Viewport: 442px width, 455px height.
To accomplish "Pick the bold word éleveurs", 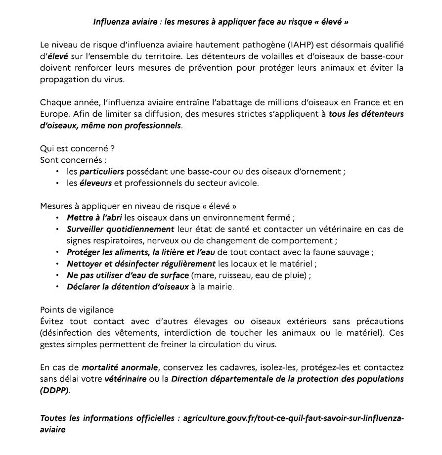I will coord(95,183).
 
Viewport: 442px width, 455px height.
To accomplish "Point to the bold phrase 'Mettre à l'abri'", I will coord(95,218).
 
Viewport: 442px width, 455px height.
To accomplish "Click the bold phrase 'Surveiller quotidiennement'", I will coord(121,229).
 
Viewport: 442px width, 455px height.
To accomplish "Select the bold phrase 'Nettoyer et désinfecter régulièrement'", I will coord(141,264).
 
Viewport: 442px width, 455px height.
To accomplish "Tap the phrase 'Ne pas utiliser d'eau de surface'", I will coord(128,275).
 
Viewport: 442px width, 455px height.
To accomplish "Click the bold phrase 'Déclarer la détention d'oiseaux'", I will coord(128,287).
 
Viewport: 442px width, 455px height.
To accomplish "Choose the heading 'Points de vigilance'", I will coord(77,310).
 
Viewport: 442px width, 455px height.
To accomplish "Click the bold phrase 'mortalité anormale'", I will coord(120,367).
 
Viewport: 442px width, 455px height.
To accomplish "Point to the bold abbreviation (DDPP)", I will coord(55,391).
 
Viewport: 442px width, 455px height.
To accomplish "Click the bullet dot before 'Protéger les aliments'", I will coord(58,252).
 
